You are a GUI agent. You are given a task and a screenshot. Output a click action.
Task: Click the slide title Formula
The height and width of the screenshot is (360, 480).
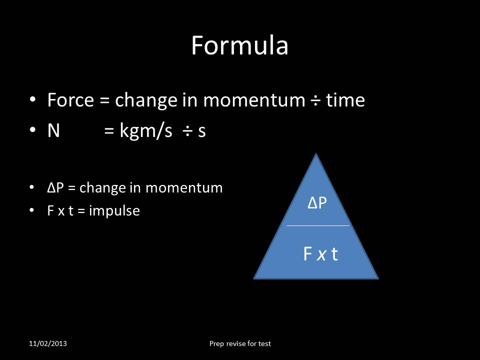(x=239, y=45)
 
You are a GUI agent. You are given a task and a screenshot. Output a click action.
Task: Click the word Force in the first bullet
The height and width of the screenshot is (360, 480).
(x=70, y=100)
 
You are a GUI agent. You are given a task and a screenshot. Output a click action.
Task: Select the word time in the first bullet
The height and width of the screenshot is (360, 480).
(x=345, y=100)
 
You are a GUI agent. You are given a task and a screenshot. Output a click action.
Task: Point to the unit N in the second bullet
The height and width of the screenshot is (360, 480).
(x=53, y=131)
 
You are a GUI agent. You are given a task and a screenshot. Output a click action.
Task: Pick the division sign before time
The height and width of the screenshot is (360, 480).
(x=314, y=101)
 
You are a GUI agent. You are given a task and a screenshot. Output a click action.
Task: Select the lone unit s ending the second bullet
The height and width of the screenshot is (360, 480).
(x=201, y=132)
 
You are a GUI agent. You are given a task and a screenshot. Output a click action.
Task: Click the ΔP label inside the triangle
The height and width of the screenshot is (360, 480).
(x=317, y=203)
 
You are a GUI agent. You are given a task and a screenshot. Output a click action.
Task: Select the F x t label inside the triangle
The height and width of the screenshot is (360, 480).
(x=320, y=254)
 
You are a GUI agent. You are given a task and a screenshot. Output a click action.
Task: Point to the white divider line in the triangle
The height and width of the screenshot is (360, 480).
(x=317, y=225)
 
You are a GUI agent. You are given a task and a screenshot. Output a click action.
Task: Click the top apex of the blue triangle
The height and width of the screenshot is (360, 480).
(x=316, y=154)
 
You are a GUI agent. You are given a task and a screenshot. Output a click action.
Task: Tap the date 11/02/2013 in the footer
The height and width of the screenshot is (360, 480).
(x=48, y=343)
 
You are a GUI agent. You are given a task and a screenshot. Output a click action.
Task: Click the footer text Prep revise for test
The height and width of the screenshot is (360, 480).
(x=240, y=343)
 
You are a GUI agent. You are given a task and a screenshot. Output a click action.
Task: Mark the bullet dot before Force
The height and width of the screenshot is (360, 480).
(x=33, y=100)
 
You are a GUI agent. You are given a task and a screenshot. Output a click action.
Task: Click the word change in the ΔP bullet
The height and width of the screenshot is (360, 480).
(x=97, y=188)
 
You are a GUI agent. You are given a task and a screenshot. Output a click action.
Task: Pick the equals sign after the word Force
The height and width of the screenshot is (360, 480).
(x=104, y=101)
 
